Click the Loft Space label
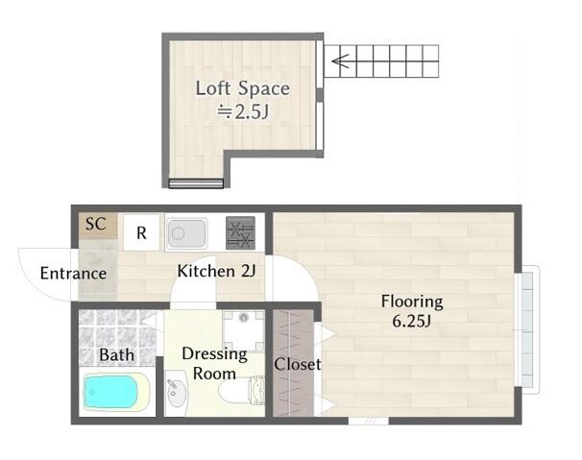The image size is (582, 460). click(243, 88)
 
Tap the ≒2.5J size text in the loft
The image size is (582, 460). click(243, 111)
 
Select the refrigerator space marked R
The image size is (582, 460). click(141, 232)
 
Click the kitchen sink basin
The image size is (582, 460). click(186, 233)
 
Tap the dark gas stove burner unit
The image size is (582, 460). click(240, 232)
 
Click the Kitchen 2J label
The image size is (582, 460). click(217, 271)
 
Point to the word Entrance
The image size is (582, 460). click(73, 274)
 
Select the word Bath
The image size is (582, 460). click(116, 355)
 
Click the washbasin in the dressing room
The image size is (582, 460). click(177, 393)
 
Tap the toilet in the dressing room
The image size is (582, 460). click(242, 391)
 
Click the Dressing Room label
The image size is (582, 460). click(214, 363)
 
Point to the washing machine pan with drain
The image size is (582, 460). click(244, 331)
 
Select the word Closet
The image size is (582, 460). click(298, 364)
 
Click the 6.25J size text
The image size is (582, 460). click(411, 321)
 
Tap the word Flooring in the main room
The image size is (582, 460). click(412, 302)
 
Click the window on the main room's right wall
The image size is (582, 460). click(527, 329)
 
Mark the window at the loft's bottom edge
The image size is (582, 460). click(196, 183)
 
